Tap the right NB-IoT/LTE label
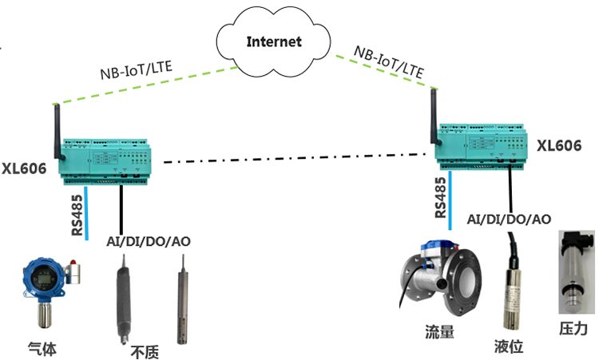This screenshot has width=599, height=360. coord(389,59)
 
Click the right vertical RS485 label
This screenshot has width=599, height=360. coord(441,197)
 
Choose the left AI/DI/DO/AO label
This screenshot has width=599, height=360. coord(148,241)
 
